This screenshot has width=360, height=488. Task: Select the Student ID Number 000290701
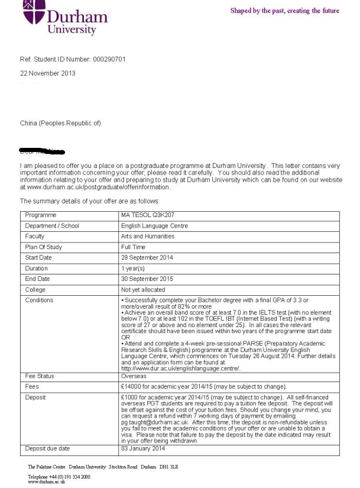point(107,59)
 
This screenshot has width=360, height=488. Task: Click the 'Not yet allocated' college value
point(144,290)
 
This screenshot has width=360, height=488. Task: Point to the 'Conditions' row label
point(39,300)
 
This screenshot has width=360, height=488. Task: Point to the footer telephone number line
point(59,476)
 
